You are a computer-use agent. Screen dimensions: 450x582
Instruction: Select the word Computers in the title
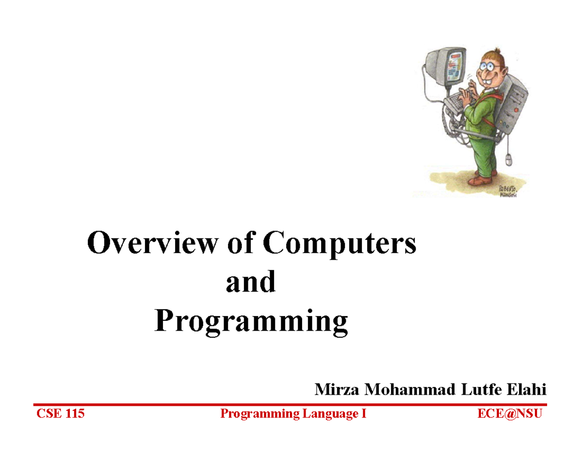click(x=339, y=243)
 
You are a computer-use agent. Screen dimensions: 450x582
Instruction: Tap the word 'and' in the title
click(x=251, y=282)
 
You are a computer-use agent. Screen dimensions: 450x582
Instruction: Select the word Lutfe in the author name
click(x=482, y=389)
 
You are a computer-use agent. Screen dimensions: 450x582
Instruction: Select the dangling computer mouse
click(x=508, y=160)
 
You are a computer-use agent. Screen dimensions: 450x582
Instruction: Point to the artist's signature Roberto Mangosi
click(x=505, y=191)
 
